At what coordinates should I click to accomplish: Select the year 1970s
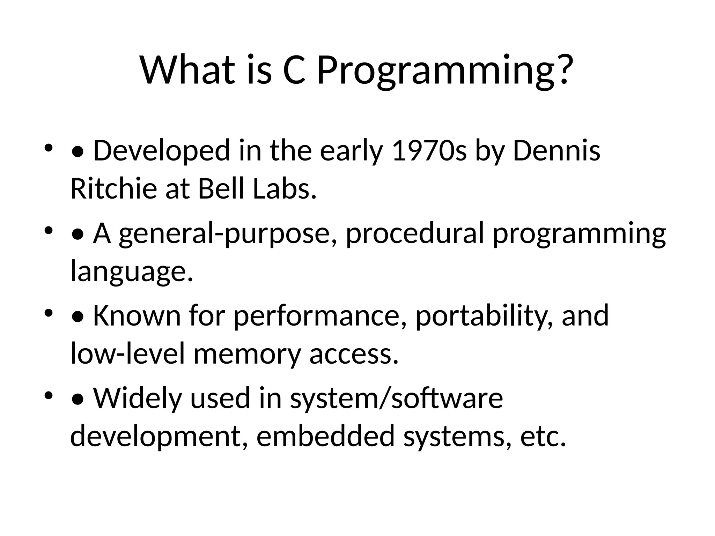coord(429,151)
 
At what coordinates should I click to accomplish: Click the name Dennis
coord(556,151)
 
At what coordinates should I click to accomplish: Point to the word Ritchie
coord(113,189)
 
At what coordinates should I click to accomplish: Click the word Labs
coord(284,189)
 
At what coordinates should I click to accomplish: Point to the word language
coord(131,272)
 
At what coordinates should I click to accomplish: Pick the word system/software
coord(396,399)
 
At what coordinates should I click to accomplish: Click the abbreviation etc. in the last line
coord(543,437)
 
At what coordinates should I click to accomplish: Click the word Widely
coord(138,399)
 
